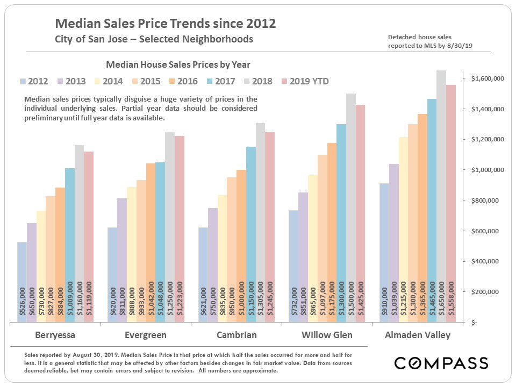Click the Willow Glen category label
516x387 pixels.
pyautogui.click(x=327, y=335)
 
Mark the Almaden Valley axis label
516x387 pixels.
pyautogui.click(x=418, y=335)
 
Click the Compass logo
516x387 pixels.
pyautogui.click(x=441, y=363)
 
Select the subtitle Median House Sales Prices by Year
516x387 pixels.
pyautogui.click(x=178, y=65)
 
